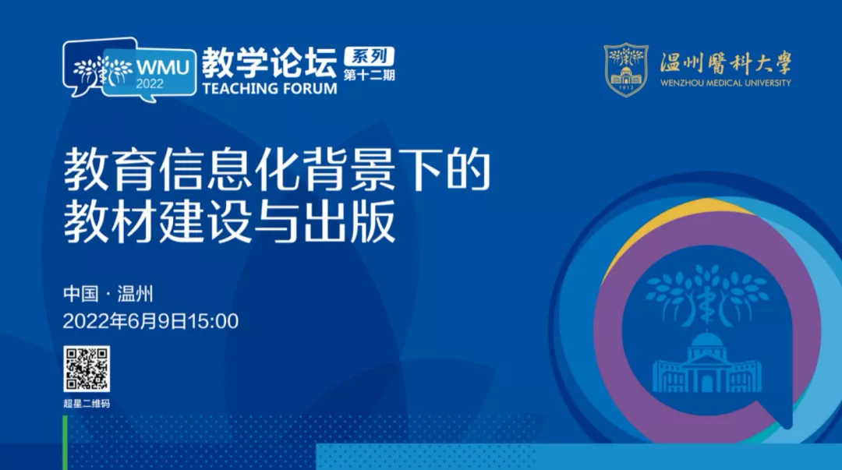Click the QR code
pos(87,369)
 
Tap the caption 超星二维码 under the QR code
pos(87,404)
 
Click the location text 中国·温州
pos(108,294)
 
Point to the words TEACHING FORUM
pos(270,89)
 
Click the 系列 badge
pos(369,56)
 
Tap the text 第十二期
pos(369,75)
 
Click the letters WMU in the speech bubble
pos(162,68)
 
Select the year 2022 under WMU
pos(149,84)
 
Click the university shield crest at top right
pos(626,70)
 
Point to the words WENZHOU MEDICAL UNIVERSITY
pos(726,83)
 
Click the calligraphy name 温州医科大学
pos(726,63)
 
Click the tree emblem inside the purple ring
pos(706,295)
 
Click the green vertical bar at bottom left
pos(65,443)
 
